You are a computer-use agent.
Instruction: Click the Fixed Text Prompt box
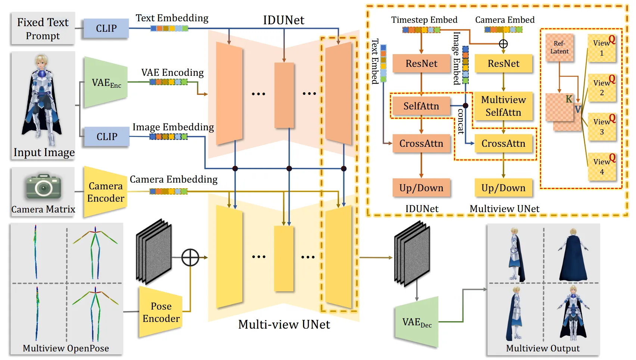[x=43, y=29]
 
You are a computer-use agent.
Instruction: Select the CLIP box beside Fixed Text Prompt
[x=106, y=28]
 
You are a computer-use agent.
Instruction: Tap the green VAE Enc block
[x=106, y=83]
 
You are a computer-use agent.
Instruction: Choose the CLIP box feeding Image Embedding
[x=107, y=137]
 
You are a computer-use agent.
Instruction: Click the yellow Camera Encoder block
[x=106, y=192]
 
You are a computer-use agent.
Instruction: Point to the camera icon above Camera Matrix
[x=43, y=186]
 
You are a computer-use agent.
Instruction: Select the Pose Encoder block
[x=161, y=312]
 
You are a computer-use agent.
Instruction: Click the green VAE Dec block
[x=417, y=322]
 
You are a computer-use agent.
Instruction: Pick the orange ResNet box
[x=421, y=63]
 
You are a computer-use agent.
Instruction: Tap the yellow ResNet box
[x=503, y=63]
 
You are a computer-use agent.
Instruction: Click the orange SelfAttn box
[x=421, y=106]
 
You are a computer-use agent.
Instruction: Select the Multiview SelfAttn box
[x=503, y=106]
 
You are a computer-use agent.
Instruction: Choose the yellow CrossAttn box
[x=503, y=143]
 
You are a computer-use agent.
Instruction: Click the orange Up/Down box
[x=421, y=188]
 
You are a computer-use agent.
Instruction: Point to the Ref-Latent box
[x=559, y=48]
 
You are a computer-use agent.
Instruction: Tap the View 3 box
[x=602, y=127]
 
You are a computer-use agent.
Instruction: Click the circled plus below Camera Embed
[x=503, y=44]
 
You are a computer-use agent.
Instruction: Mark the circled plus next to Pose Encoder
[x=190, y=257]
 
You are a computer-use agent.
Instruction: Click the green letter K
[x=569, y=99]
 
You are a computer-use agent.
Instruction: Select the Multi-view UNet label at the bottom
[x=284, y=325]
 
